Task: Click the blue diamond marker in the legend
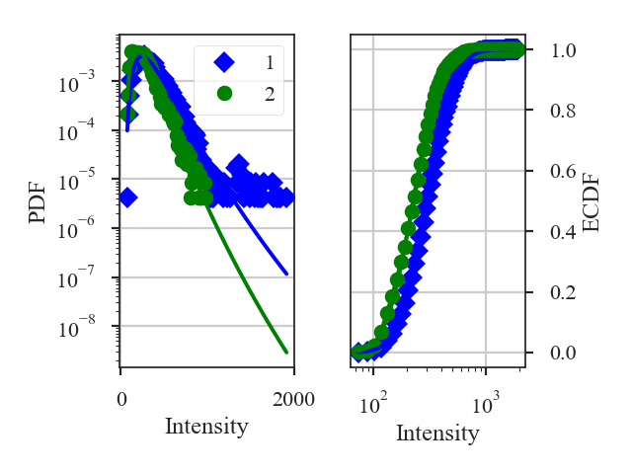pos(224,63)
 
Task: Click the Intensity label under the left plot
pos(206,427)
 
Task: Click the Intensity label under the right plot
pos(437,433)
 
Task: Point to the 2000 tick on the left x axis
pos(293,399)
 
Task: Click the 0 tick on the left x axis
pos(120,399)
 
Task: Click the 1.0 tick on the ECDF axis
pos(563,49)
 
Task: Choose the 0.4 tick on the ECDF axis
pos(563,232)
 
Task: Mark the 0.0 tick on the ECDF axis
pos(563,353)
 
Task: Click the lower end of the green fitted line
pos(285,352)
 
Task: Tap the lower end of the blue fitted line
pos(285,274)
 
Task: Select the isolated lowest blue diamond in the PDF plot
pos(127,197)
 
